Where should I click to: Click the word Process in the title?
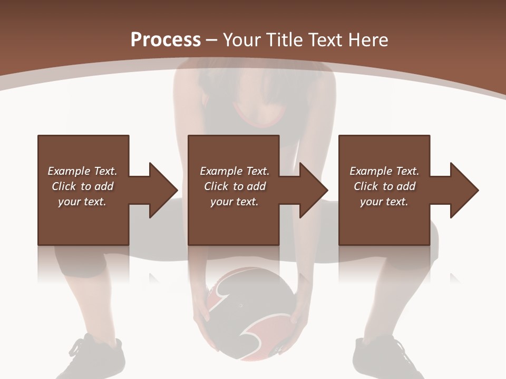tap(166, 40)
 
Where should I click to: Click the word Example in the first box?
tap(69, 171)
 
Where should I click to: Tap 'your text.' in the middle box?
tap(234, 202)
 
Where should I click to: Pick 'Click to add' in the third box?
tap(384, 186)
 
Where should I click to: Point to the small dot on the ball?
tap(241, 305)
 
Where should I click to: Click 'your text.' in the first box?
tap(82, 202)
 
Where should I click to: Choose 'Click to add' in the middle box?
tap(235, 186)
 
